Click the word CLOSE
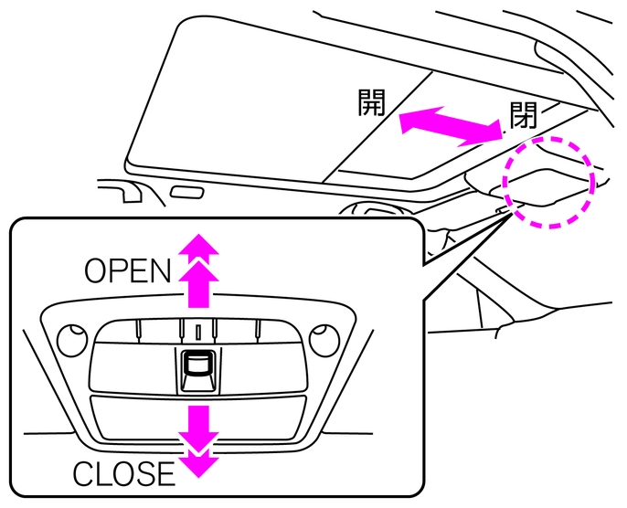123,473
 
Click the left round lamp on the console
69,341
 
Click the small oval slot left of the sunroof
187,193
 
